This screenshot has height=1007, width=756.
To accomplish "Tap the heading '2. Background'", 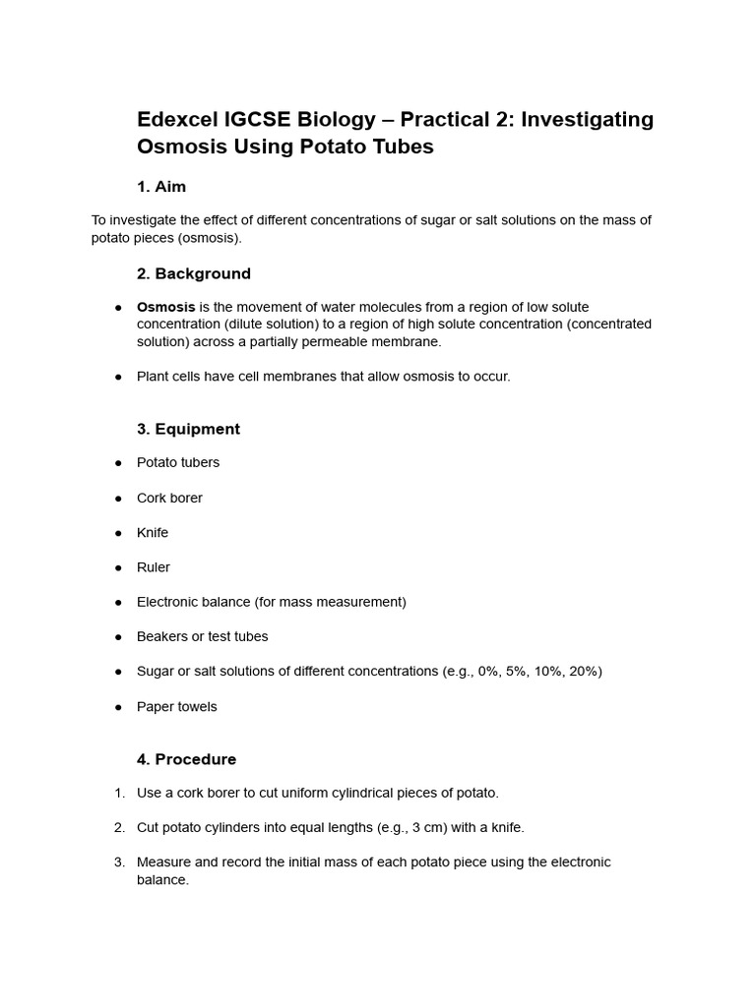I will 194,273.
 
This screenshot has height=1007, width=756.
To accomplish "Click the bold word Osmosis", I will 165,307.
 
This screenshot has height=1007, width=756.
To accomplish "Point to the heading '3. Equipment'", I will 188,429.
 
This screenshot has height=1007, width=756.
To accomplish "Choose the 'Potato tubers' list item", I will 178,462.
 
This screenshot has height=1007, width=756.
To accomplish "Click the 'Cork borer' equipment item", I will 169,498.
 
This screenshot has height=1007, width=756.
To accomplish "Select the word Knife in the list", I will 153,533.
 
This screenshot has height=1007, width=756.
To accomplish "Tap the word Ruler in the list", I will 154,567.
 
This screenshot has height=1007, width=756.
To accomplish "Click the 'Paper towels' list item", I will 177,706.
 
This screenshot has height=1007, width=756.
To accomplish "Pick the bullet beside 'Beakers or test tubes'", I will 118,637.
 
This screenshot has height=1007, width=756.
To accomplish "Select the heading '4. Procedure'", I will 186,759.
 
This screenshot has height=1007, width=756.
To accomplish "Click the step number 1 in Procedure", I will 119,793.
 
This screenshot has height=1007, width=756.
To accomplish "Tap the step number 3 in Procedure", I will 119,862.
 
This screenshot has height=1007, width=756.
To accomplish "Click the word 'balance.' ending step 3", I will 162,880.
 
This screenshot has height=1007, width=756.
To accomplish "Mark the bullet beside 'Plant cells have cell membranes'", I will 118,377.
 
